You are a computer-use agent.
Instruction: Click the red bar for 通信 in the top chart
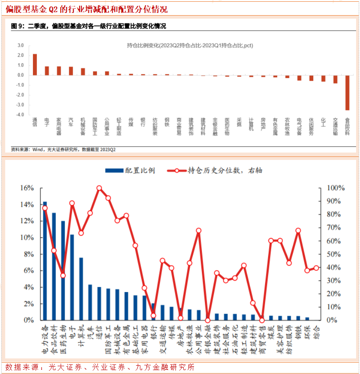35,65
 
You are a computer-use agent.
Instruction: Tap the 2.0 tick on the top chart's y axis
20,55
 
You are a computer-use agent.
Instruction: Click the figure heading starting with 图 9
88,26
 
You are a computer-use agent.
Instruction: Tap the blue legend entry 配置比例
130,170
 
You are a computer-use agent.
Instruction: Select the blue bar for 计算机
81,289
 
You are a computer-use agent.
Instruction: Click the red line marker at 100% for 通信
99,188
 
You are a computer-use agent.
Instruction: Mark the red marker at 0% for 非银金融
208,320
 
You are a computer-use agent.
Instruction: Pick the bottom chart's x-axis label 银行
153,332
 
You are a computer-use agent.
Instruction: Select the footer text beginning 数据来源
100,367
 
